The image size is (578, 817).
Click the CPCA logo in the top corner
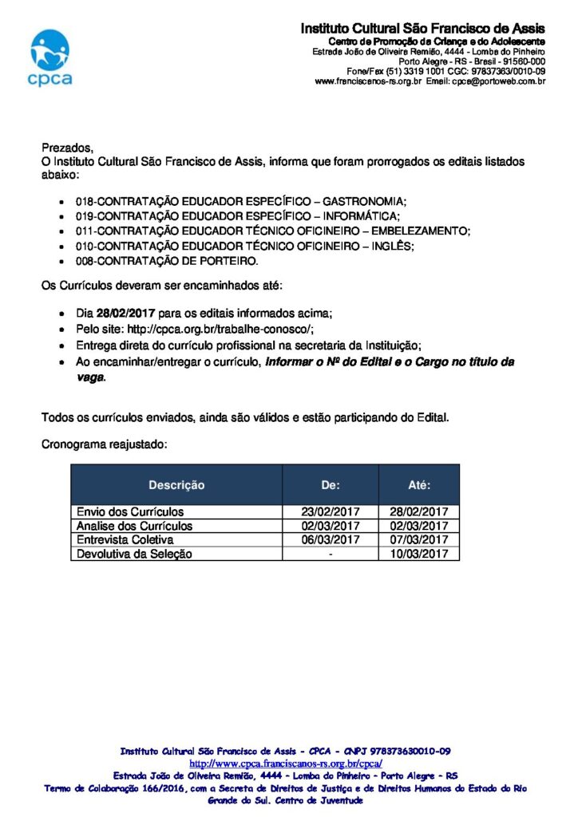point(49,57)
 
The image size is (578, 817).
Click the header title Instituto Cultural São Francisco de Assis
point(422,29)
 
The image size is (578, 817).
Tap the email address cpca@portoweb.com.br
point(499,81)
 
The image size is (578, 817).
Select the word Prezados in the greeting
point(66,148)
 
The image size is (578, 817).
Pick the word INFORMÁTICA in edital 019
point(361,217)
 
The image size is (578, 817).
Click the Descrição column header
point(176,485)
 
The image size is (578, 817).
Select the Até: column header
point(419,485)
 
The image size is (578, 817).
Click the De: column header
point(331,485)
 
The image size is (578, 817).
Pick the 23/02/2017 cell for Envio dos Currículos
point(331,512)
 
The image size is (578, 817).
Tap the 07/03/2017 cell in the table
point(419,540)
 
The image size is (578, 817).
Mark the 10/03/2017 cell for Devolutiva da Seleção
point(419,554)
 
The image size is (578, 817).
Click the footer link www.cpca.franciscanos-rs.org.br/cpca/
point(286,764)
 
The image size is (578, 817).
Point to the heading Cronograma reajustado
point(104,444)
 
